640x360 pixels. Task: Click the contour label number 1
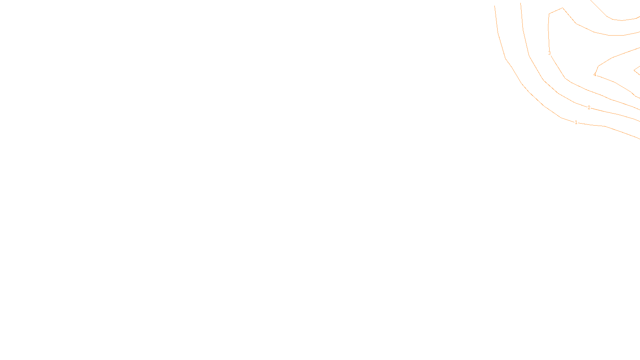(x=576, y=122)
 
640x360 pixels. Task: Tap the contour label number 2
(x=589, y=108)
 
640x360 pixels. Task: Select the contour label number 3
(x=549, y=53)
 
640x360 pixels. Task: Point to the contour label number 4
(x=595, y=75)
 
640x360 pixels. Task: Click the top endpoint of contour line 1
(x=495, y=6)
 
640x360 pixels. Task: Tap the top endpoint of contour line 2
(x=520, y=3)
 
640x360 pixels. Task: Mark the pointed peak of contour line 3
(x=563, y=8)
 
